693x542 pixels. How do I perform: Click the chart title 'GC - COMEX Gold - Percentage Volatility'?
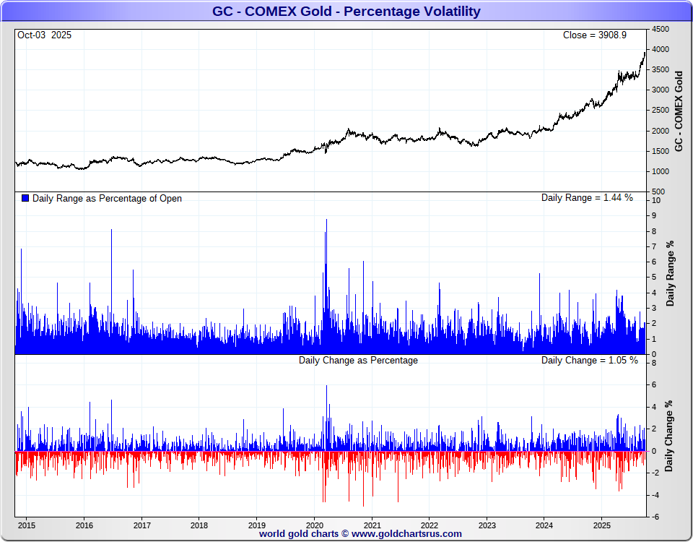pos(346,12)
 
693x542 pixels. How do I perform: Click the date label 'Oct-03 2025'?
pos(44,35)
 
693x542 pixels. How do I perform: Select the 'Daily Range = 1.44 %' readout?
pos(587,197)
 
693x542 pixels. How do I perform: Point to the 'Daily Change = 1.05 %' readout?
pos(590,360)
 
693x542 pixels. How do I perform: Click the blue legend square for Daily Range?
pos(26,198)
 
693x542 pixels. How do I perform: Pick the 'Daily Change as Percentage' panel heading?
pos(358,360)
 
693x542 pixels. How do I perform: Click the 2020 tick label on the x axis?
pos(315,525)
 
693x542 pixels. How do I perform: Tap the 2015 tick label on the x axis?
pos(27,525)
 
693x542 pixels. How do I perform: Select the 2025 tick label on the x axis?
pos(603,525)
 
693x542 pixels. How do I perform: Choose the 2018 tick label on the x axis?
pos(199,525)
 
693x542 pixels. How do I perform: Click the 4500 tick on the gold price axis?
pos(661,29)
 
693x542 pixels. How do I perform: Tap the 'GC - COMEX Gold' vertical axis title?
pos(679,111)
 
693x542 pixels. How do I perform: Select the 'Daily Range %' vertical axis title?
pos(671,273)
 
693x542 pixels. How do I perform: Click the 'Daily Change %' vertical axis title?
pos(669,436)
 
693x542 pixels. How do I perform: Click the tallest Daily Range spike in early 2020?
pos(326,220)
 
